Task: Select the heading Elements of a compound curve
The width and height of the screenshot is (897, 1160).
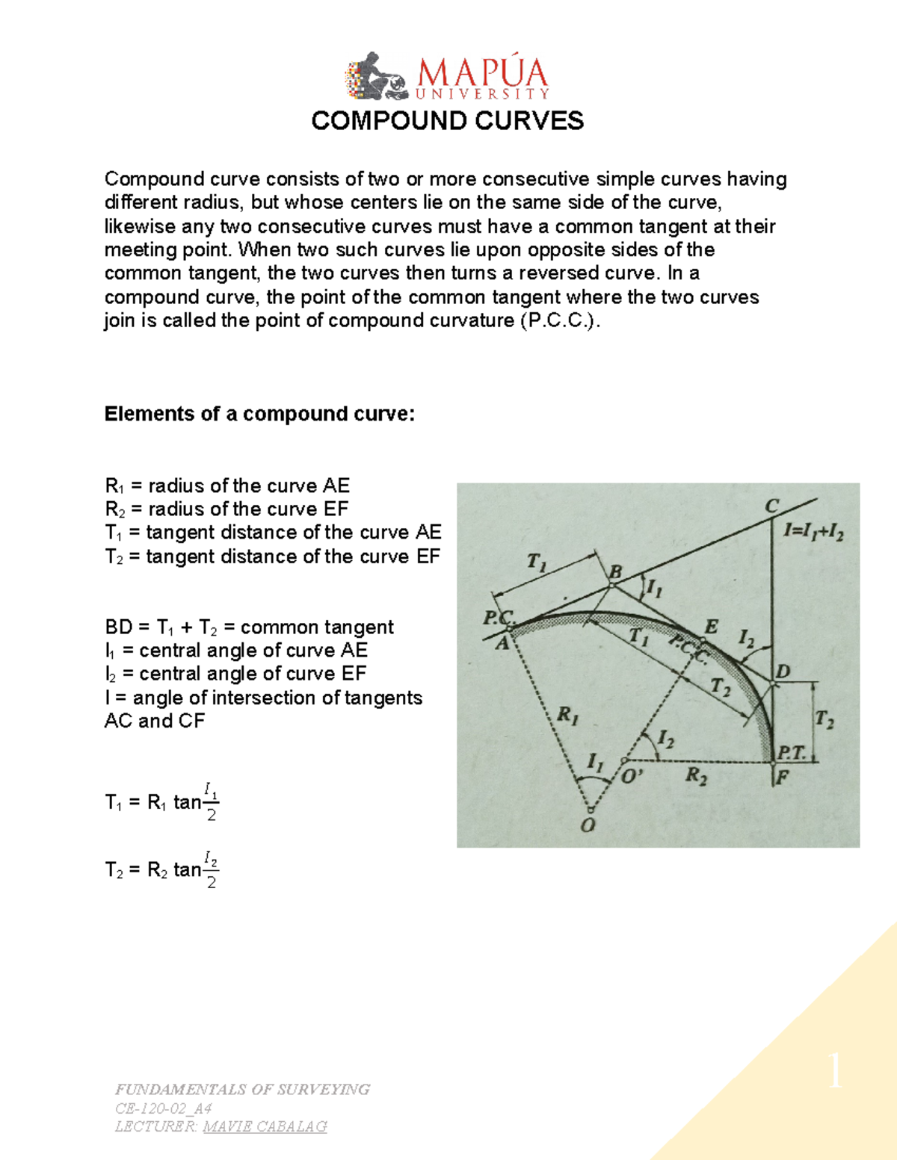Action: (x=259, y=414)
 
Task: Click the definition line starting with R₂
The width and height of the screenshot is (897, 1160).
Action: (x=226, y=509)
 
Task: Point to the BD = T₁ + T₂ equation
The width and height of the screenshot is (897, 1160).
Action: (x=249, y=627)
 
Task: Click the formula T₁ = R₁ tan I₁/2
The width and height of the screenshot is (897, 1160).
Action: (x=162, y=801)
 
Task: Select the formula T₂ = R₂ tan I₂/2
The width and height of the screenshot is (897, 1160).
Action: (x=162, y=869)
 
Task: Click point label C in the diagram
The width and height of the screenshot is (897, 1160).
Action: (x=771, y=506)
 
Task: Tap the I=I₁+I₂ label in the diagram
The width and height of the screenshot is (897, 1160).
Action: (x=813, y=532)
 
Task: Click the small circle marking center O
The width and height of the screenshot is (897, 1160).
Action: (x=591, y=810)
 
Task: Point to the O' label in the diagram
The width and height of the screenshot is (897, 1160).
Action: (x=632, y=776)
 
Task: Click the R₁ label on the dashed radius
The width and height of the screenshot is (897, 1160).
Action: (x=567, y=716)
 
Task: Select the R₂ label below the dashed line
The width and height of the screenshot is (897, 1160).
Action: (x=696, y=777)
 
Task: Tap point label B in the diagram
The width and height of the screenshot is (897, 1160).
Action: (x=615, y=572)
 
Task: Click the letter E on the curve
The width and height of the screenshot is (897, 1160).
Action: (x=711, y=627)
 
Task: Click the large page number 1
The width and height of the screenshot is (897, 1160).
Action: (x=835, y=1072)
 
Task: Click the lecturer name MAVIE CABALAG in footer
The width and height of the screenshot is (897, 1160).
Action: (x=265, y=1126)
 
